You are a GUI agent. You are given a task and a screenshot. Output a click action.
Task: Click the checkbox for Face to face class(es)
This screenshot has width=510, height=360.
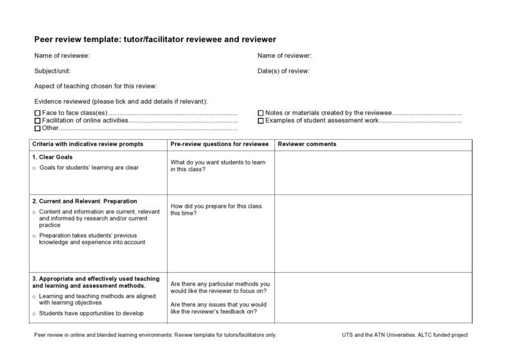pyautogui.click(x=37, y=114)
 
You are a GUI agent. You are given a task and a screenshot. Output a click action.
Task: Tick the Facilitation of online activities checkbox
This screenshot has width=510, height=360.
pyautogui.click(x=37, y=121)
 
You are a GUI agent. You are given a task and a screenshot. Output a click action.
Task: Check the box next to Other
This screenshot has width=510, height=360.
pyautogui.click(x=37, y=128)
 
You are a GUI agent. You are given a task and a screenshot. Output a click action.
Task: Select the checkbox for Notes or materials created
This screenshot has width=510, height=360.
pyautogui.click(x=261, y=114)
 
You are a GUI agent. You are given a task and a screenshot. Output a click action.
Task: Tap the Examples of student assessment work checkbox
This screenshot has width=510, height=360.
pyautogui.click(x=261, y=121)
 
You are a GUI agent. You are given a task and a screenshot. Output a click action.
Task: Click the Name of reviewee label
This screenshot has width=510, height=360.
pyautogui.click(x=62, y=55)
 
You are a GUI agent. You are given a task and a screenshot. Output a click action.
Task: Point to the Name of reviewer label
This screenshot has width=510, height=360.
pyautogui.click(x=284, y=55)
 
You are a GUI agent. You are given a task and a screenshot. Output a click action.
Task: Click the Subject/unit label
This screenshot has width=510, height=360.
pyautogui.click(x=52, y=71)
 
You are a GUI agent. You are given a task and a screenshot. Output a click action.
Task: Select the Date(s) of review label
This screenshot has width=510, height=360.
pyautogui.click(x=283, y=71)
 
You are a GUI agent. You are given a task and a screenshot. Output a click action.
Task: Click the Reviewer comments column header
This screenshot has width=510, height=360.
pyautogui.click(x=307, y=144)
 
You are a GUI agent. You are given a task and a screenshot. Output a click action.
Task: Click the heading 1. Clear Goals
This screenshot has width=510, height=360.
pyautogui.click(x=52, y=157)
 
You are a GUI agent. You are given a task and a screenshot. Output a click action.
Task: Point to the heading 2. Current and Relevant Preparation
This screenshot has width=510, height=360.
pyautogui.click(x=84, y=201)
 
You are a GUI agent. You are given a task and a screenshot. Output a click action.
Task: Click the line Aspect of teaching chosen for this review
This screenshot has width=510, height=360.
pyautogui.click(x=96, y=86)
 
